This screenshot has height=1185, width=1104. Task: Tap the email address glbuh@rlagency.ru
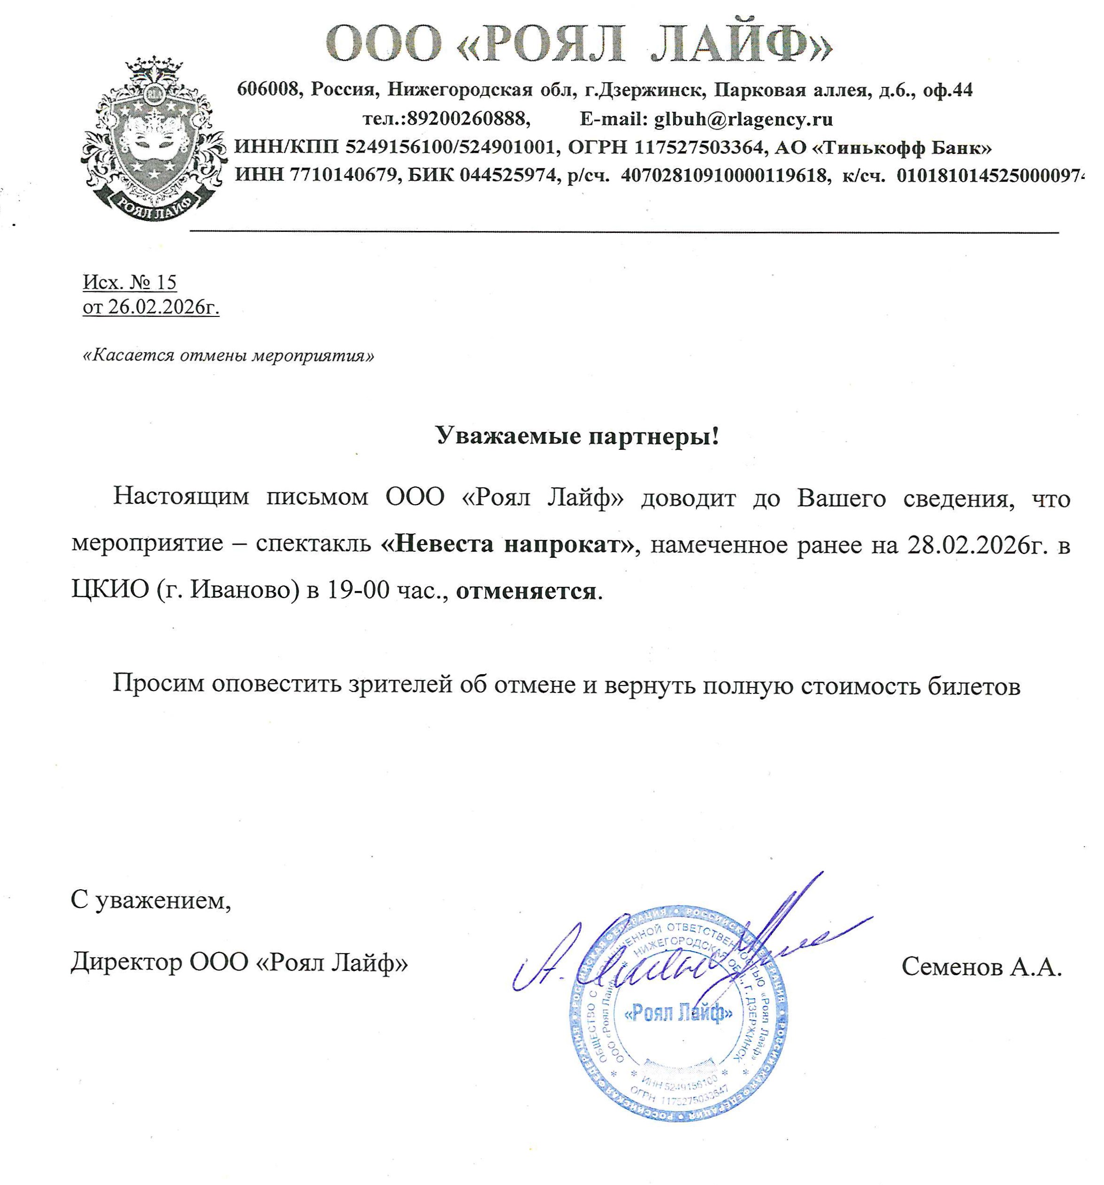[x=743, y=119]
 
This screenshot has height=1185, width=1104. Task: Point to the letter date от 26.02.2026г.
[x=151, y=307]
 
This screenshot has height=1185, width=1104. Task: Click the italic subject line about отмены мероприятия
[x=228, y=355]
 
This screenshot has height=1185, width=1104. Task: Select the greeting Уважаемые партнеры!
[x=577, y=436]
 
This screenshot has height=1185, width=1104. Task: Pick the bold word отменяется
[x=526, y=590]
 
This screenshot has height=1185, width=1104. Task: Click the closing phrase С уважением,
[x=151, y=900]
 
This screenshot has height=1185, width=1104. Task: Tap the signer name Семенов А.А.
[x=981, y=966]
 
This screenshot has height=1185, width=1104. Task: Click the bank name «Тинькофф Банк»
[x=902, y=146]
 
